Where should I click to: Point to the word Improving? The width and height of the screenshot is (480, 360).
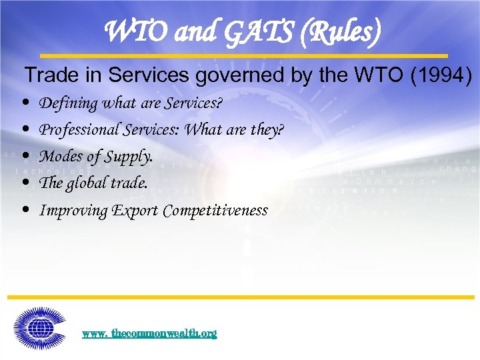(73, 211)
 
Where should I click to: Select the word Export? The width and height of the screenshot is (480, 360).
(135, 211)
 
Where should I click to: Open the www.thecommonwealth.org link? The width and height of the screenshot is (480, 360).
(149, 333)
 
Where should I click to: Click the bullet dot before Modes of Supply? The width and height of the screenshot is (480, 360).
(25, 156)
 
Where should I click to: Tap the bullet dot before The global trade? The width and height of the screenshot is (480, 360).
(25, 182)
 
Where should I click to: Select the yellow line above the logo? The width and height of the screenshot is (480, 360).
(240, 297)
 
